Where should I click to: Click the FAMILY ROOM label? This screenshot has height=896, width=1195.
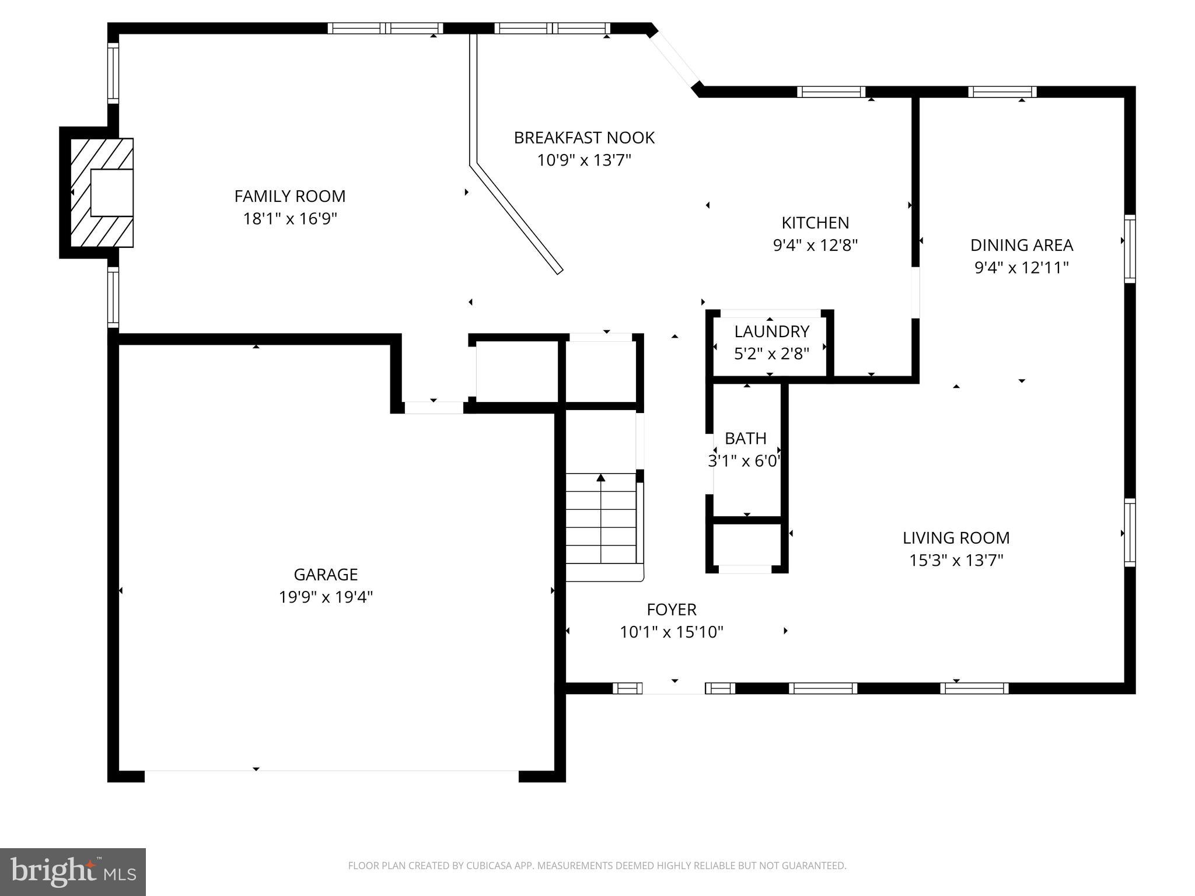(290, 196)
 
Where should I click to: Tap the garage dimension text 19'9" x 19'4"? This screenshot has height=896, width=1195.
(326, 597)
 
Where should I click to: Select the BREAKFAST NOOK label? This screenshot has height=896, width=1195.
(584, 138)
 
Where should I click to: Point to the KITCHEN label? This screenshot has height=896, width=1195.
(815, 223)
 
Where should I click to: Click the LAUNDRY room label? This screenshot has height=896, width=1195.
(771, 331)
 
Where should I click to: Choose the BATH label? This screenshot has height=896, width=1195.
(745, 438)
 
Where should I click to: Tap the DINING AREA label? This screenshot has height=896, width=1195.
(1021, 245)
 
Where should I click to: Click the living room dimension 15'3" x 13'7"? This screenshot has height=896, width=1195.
(956, 561)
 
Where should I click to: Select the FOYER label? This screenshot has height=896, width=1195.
(671, 610)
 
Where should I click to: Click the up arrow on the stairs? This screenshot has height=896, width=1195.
(601, 478)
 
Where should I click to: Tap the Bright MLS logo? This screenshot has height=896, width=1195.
(73, 872)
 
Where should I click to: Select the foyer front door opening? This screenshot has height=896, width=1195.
(674, 688)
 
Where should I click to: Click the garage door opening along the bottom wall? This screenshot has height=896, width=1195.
(331, 776)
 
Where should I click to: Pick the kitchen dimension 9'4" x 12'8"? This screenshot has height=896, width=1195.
(815, 246)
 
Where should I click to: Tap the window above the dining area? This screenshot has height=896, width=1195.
(1002, 92)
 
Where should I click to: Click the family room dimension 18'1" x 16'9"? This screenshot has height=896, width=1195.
(290, 219)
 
